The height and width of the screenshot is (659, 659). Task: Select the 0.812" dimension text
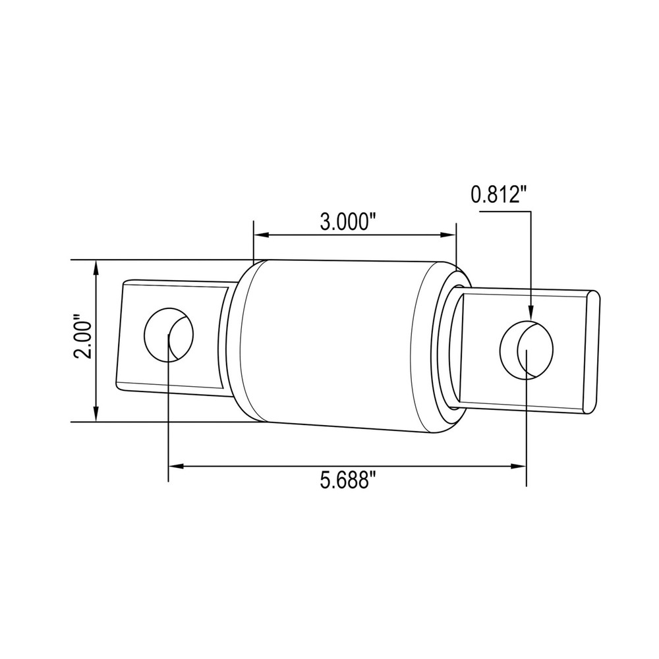(x=499, y=194)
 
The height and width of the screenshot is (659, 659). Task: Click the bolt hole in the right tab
(x=527, y=349)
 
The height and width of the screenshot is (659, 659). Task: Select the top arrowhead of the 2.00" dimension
(x=97, y=268)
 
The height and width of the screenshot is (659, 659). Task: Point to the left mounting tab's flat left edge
(x=120, y=336)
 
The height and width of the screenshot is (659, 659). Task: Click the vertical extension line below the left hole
(x=169, y=422)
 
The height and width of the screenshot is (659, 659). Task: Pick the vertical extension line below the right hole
(x=527, y=428)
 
